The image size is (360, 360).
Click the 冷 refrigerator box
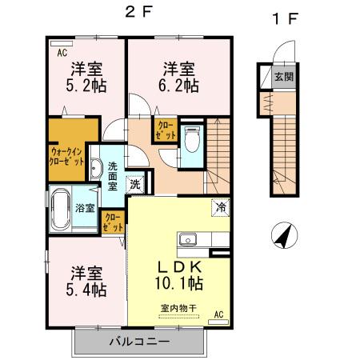click(x=219, y=206)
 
